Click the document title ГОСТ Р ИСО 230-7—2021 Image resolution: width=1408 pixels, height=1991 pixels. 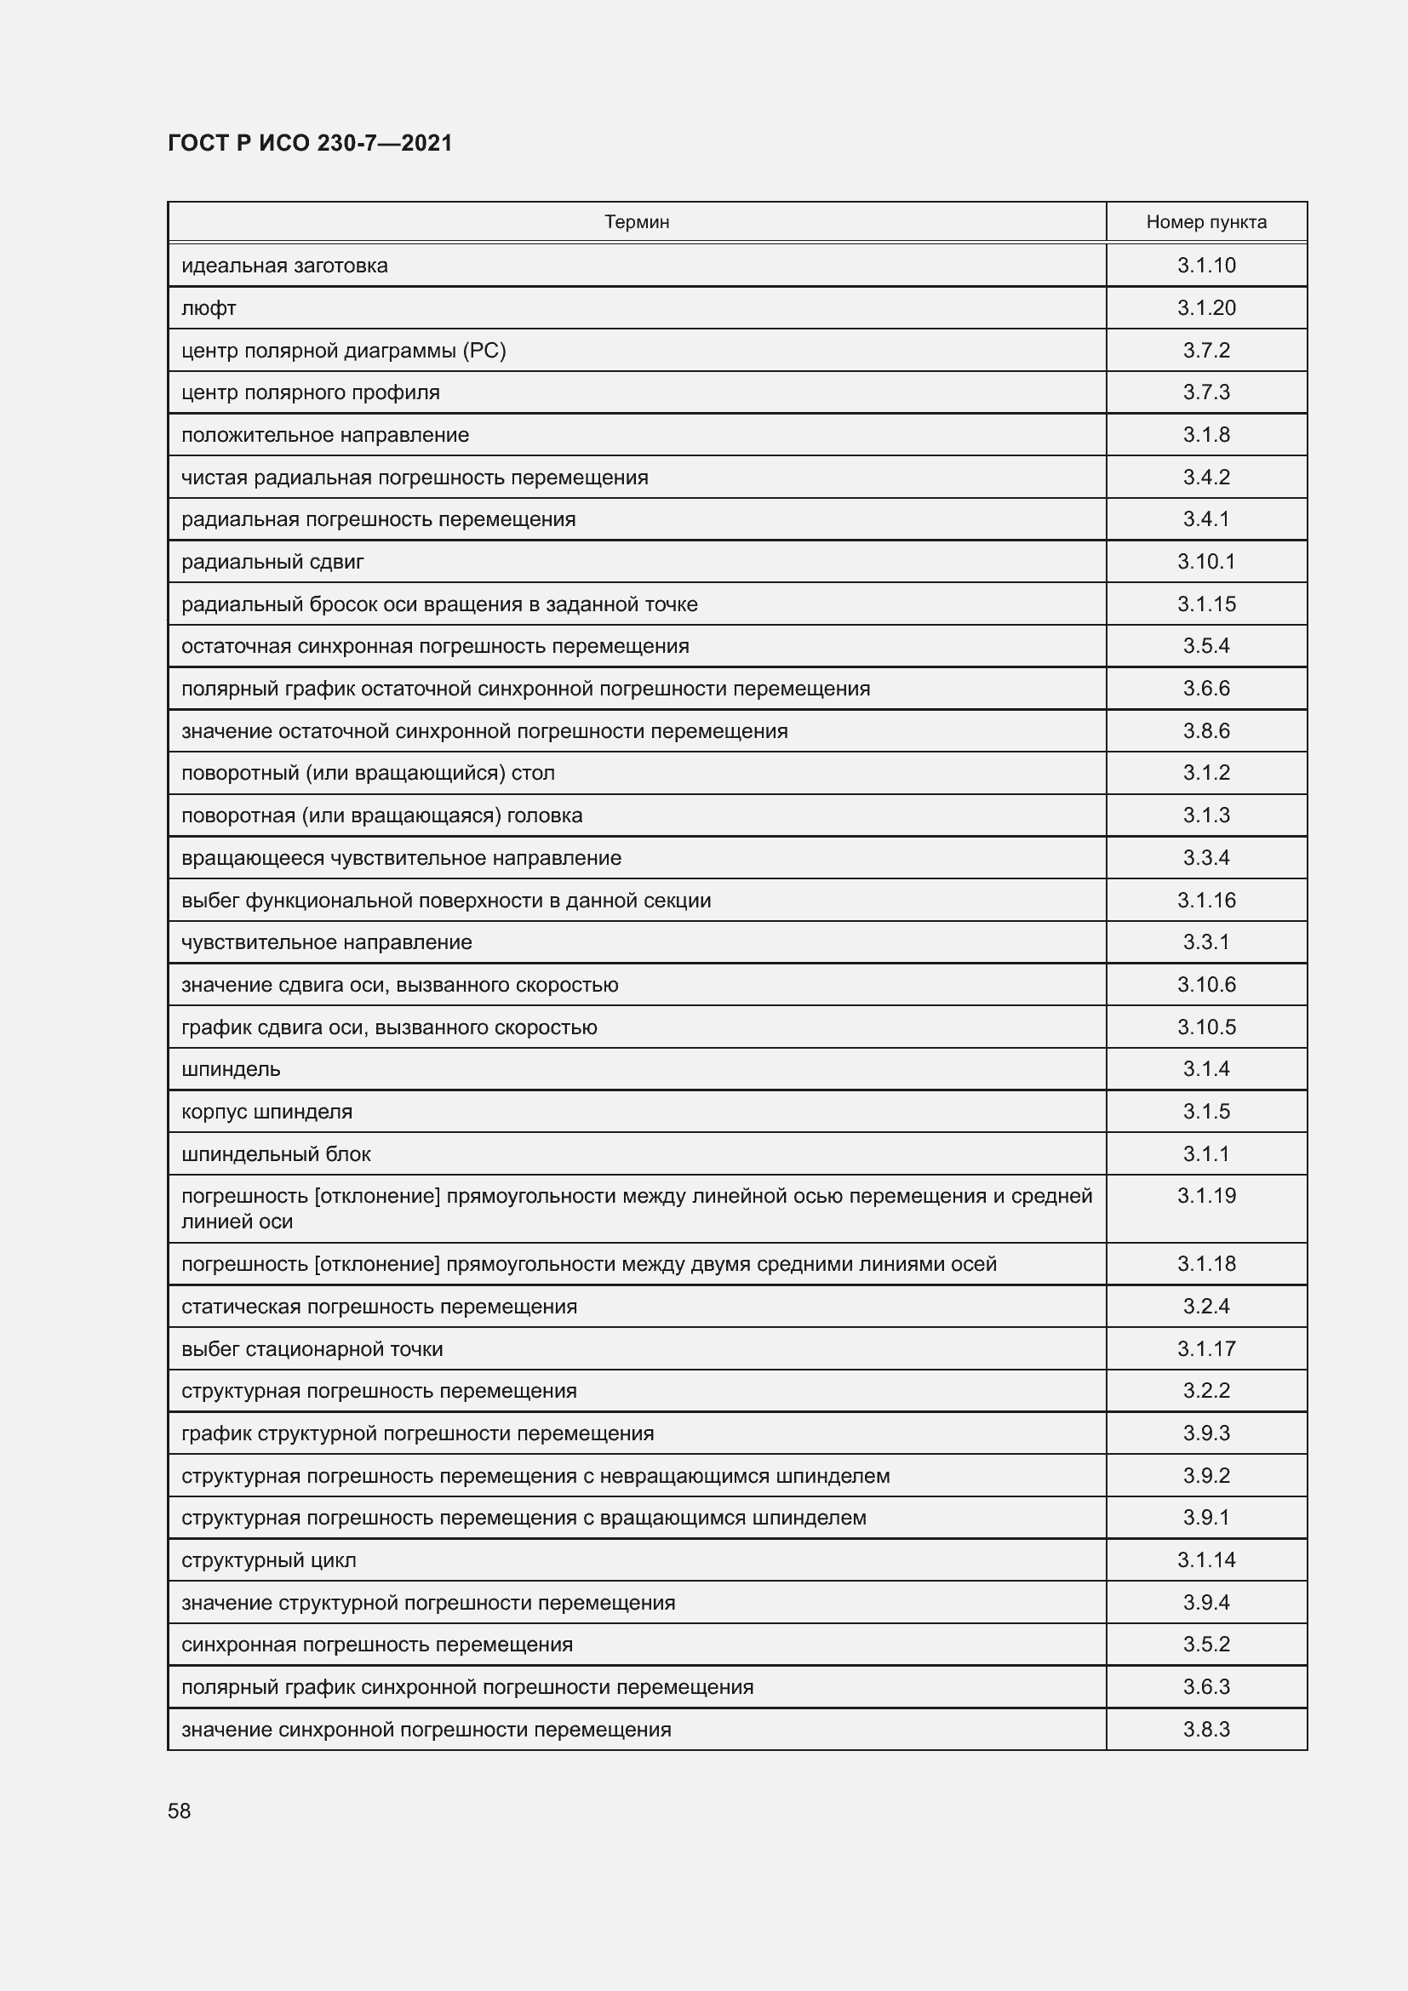click(x=310, y=143)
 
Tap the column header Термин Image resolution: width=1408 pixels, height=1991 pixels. click(x=637, y=222)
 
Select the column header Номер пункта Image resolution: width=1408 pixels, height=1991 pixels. click(x=1206, y=222)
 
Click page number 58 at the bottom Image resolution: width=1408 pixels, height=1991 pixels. click(x=180, y=1811)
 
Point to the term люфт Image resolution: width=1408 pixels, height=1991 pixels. click(x=209, y=308)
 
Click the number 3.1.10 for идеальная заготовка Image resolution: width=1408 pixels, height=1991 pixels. click(x=1206, y=266)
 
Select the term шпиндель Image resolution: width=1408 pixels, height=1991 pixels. click(x=231, y=1069)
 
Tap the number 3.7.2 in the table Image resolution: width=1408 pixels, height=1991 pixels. click(x=1206, y=351)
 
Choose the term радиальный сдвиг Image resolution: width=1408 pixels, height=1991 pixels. click(x=272, y=562)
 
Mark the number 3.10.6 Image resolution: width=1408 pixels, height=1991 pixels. click(x=1206, y=984)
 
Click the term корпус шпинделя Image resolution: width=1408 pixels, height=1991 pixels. click(x=266, y=1112)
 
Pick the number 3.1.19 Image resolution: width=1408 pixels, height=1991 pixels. click(x=1206, y=1196)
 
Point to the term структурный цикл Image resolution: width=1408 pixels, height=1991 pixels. click(x=269, y=1560)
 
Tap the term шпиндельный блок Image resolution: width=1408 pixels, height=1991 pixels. click(x=276, y=1154)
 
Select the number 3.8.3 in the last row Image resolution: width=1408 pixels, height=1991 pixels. click(x=1206, y=1729)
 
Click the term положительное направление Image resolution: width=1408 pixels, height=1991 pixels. click(x=325, y=435)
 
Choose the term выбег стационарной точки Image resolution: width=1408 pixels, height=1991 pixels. click(x=312, y=1349)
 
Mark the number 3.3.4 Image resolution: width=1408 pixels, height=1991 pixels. click(x=1206, y=858)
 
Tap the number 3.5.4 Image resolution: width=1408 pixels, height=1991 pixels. click(x=1206, y=646)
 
